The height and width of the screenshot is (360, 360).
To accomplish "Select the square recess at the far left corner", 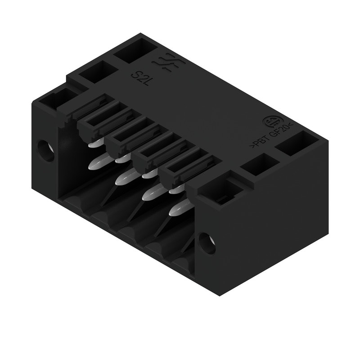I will click(55, 99).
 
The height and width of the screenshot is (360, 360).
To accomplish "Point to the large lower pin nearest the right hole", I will click(176, 210).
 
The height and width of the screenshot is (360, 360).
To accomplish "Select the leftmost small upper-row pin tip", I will click(94, 144).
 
